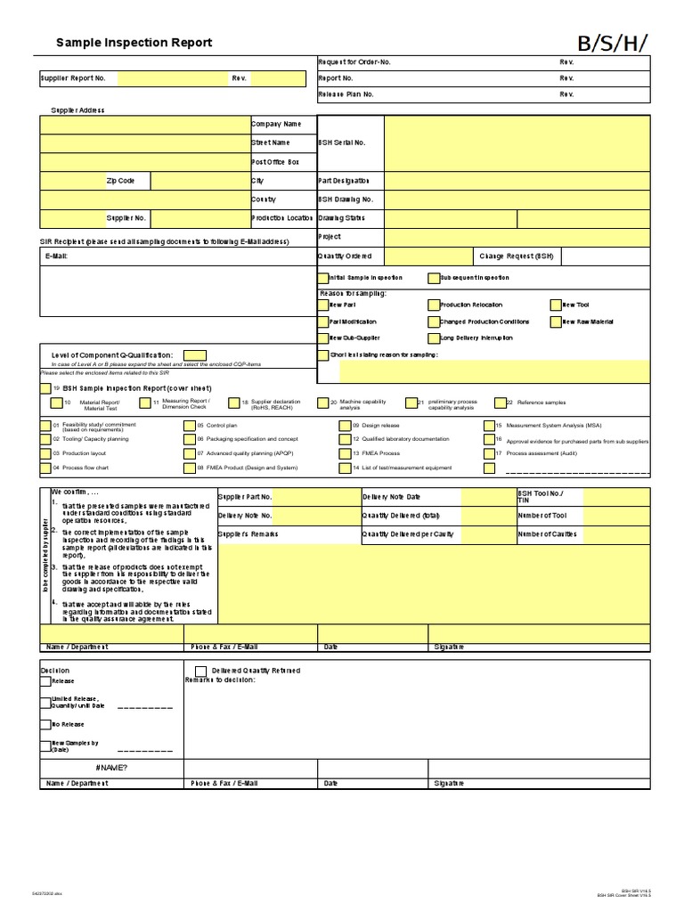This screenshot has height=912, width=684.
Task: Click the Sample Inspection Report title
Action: (134, 43)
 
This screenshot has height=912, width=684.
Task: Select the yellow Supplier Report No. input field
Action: (172, 78)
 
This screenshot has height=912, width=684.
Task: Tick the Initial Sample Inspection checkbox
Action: (323, 278)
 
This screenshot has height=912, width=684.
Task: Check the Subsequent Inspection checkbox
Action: (434, 278)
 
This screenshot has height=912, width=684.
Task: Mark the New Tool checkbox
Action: (556, 305)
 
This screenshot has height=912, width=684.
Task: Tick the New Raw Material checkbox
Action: (556, 322)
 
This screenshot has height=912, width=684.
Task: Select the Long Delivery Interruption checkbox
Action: (434, 338)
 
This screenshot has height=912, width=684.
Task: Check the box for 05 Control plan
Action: (189, 426)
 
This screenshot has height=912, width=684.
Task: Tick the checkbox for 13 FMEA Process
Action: (345, 453)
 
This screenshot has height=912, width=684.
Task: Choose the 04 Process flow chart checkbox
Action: (45, 467)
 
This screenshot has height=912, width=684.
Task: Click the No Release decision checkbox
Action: (45, 724)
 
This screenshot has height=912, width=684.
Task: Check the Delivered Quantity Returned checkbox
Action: (200, 671)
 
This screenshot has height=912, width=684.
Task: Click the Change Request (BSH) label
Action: (517, 256)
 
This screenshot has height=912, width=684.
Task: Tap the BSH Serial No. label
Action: (342, 142)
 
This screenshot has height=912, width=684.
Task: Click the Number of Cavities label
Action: (547, 534)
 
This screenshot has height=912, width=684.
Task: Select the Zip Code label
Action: (120, 181)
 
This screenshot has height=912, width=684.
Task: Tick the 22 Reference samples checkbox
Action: (500, 403)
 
